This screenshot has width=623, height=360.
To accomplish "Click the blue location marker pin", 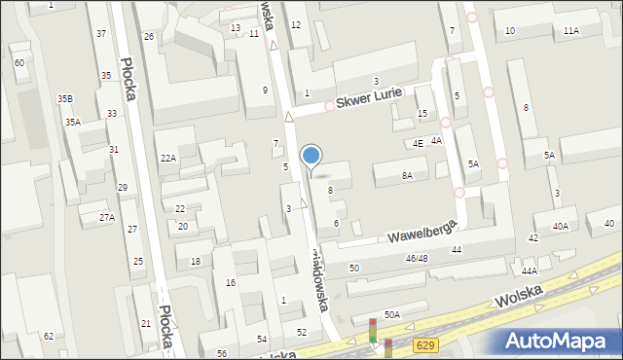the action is point(311,156).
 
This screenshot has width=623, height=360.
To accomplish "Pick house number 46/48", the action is point(417,258).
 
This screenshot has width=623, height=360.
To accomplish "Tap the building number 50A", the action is point(391,314).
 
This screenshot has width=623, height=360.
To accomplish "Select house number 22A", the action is point(167,158).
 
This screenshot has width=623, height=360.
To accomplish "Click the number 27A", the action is point(106,218).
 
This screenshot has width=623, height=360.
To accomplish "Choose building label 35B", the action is point(64,98).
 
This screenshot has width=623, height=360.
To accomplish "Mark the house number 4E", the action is point(417,144).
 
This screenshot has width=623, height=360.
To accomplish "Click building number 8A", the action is point(407,176).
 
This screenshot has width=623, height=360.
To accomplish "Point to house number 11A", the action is point(570,31).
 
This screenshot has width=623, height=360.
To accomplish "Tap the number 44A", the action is point(530,271).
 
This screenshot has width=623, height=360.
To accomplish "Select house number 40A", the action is point(560,226).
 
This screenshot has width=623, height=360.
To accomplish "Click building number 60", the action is point(19,63).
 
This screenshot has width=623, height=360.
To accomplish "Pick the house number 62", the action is point(48,336).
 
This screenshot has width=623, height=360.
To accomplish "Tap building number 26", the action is point(149,37).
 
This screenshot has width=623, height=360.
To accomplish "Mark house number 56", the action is point(222,353).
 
